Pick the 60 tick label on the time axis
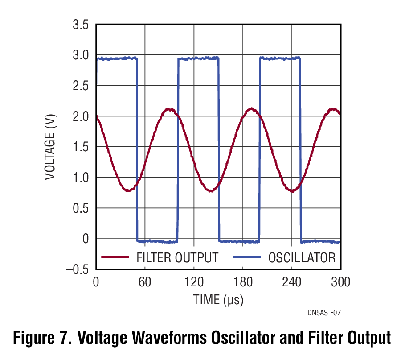[x=145, y=282]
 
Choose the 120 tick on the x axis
[x=194, y=282]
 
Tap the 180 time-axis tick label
[x=243, y=282]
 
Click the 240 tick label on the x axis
[x=292, y=282]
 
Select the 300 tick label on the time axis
[x=340, y=282]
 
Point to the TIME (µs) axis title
[x=218, y=300]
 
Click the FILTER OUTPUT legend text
[x=177, y=257]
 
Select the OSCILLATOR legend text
[x=302, y=257]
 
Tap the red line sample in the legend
[x=115, y=257]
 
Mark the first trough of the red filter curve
[x=128, y=190]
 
